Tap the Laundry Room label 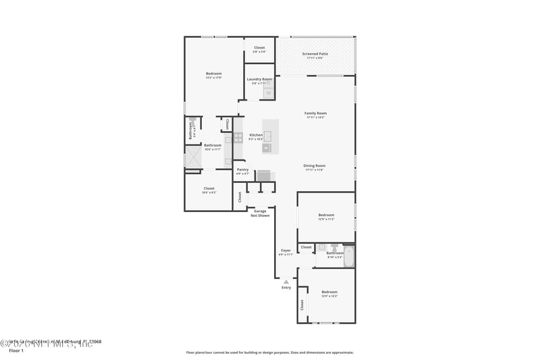point(259,80)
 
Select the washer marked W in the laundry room point(268,93)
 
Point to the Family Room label point(315,113)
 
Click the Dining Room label point(315,165)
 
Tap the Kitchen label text point(256,135)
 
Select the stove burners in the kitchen point(238,137)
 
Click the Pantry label point(242,170)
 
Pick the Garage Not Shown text point(261,213)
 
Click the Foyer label point(286,251)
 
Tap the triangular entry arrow point(286,282)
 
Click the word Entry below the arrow point(286,288)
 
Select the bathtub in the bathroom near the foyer point(348,257)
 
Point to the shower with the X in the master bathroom point(193,157)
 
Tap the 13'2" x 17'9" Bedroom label point(213,74)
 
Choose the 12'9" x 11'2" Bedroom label point(326,216)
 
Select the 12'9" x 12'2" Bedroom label point(329,292)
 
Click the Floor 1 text point(15,351)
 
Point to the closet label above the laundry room point(259,49)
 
